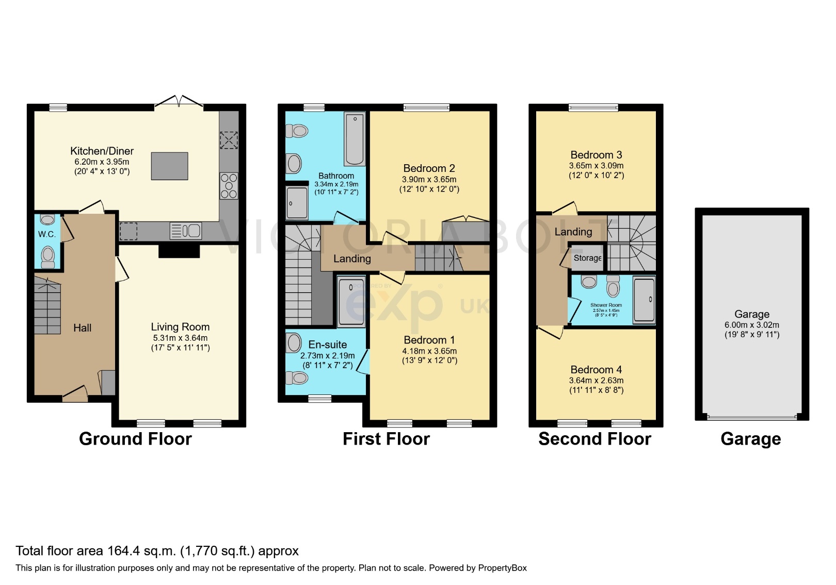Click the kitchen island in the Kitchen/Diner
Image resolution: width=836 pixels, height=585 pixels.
point(169,166)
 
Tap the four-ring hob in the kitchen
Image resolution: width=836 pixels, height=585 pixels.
point(229,186)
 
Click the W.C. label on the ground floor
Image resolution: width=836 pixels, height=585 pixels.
point(46,234)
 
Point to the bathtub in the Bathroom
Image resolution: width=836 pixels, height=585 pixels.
point(355,139)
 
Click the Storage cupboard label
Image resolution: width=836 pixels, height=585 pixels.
point(587,258)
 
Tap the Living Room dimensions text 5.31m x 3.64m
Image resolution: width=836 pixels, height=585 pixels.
point(180,338)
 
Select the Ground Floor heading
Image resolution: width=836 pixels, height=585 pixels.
point(135,439)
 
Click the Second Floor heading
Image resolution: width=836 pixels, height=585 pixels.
point(594,439)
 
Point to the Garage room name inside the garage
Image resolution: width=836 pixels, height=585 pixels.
point(752,314)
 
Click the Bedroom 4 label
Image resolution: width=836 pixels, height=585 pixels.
point(596,370)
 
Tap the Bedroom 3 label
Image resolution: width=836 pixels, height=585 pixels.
point(596,155)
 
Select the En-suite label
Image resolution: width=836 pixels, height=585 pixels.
point(327,344)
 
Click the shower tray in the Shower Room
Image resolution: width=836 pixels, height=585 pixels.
point(644,300)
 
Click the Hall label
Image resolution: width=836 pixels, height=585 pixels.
point(82,328)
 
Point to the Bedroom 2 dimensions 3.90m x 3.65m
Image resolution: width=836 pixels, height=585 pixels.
point(429,179)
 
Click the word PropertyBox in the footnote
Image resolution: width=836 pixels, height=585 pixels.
point(502,568)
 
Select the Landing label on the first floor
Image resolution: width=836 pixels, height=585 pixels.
point(352,259)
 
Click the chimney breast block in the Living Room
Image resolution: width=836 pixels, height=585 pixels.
point(179,251)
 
